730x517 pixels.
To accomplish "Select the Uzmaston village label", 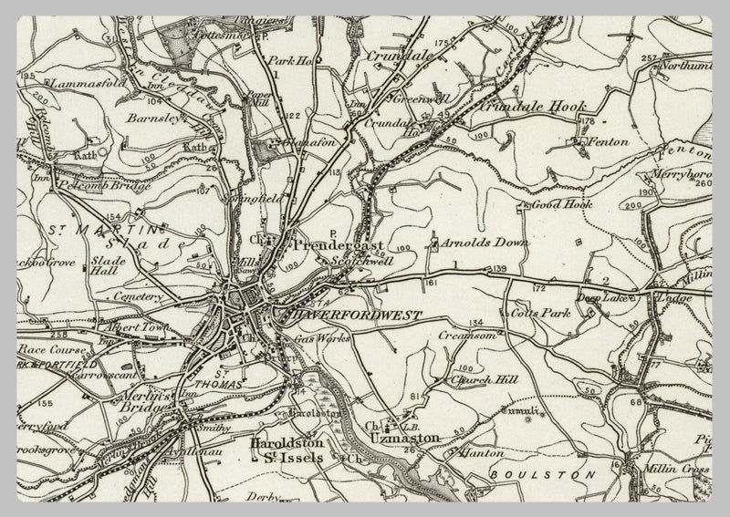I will (x=405, y=438).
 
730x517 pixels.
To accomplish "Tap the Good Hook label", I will (x=563, y=205).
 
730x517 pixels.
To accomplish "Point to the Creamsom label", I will (x=468, y=336).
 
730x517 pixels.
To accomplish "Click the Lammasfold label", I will (x=62, y=82).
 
